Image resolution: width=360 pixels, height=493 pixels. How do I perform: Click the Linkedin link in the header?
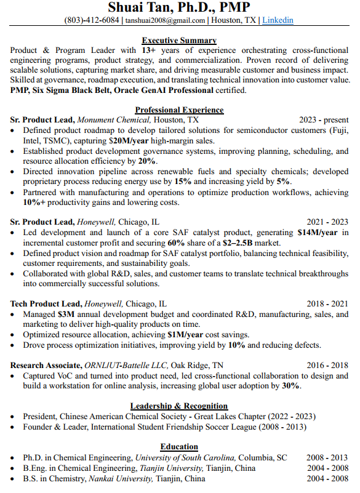point(278,20)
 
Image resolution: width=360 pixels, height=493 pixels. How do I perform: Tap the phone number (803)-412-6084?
point(92,20)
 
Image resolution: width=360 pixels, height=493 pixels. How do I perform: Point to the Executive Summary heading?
point(179,41)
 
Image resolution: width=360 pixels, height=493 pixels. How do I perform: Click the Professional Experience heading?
point(179,110)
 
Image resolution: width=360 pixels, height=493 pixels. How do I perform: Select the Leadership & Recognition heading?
point(179,406)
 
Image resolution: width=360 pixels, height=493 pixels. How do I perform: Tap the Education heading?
point(179,447)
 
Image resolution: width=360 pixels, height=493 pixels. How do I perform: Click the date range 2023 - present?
point(324,120)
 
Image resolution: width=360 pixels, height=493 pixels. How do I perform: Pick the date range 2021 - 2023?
point(327,222)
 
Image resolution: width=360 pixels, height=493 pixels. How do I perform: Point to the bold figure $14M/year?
point(318,233)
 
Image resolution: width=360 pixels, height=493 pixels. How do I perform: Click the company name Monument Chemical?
point(114,120)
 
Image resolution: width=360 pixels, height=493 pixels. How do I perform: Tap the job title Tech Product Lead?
point(46,304)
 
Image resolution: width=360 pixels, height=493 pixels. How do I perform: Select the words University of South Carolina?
point(185,458)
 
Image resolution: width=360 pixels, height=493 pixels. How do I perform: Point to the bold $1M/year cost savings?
point(185,335)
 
